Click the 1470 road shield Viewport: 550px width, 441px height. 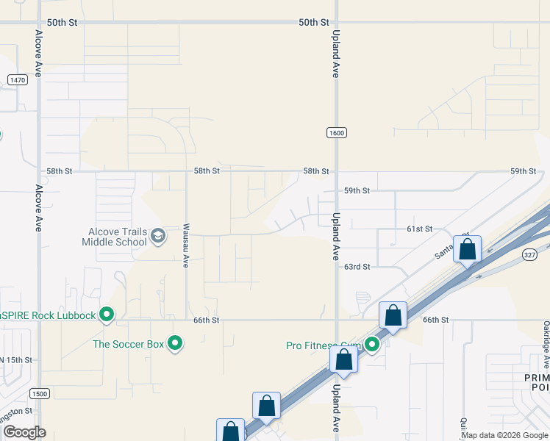[18, 79]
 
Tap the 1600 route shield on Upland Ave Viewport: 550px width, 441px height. [337, 132]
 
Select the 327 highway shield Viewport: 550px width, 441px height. [530, 254]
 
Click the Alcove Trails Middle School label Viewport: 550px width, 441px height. [114, 236]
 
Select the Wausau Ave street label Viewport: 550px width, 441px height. [187, 245]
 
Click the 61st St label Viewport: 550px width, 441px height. [419, 229]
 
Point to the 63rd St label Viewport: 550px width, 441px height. [357, 267]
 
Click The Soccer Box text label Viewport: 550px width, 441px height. [128, 343]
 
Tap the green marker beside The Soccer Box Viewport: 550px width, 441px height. [175, 343]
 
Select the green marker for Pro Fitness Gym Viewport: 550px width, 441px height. [372, 344]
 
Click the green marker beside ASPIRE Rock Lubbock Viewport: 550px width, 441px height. [107, 315]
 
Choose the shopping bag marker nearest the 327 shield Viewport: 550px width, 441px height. [467, 248]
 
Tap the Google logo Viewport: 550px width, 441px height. [24, 432]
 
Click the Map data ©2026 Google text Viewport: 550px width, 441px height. [504, 435]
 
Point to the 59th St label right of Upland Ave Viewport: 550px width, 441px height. [357, 190]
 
